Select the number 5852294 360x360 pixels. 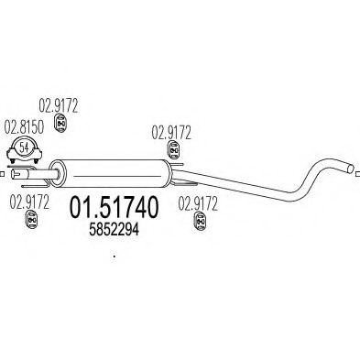pos(115,234)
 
